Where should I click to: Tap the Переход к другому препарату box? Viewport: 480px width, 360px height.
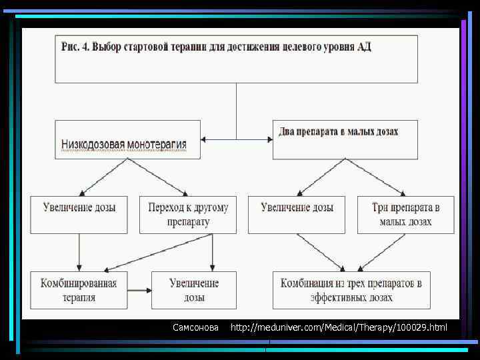coord(187,214)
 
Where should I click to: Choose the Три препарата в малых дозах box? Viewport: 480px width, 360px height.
coord(405,214)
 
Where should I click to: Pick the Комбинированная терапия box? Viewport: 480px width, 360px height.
coord(79,290)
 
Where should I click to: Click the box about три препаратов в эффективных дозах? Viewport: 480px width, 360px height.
coord(351,290)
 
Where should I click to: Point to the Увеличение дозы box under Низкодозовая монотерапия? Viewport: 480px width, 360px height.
coord(79,214)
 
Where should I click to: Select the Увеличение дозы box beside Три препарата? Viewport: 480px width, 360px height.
coord(297,214)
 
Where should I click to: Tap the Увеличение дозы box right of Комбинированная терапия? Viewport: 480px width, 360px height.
coord(194,290)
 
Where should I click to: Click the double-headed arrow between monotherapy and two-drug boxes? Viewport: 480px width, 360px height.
coord(237,139)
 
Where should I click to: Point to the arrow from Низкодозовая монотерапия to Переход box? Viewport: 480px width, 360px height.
coord(162,177)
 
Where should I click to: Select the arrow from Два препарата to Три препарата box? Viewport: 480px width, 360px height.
coord(379,177)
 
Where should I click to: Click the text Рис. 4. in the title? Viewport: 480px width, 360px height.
coord(75,47)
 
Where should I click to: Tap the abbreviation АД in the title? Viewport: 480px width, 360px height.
coord(364,47)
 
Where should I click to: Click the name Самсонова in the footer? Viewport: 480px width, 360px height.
coord(195,327)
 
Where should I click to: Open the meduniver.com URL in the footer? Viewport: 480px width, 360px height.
coord(339,327)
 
